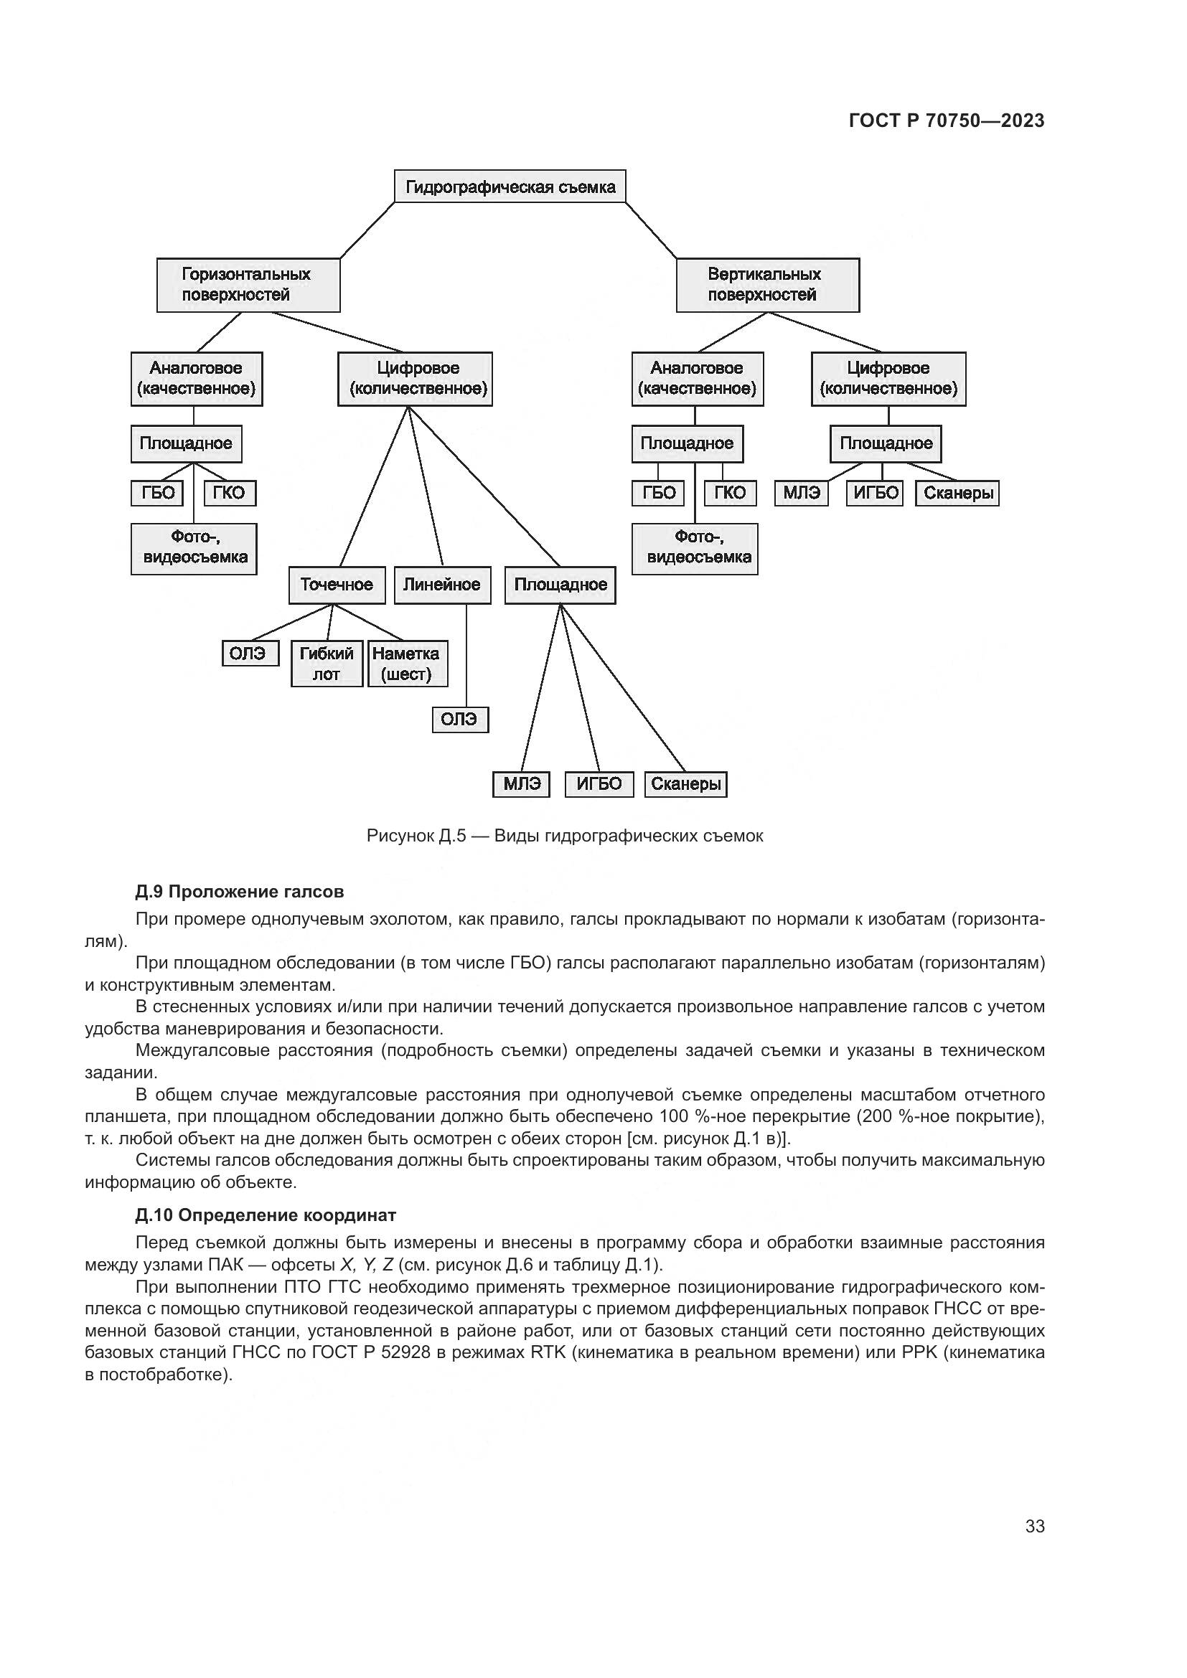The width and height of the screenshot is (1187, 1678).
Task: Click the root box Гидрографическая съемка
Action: point(510,187)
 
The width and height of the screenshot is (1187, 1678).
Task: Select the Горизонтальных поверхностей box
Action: point(248,285)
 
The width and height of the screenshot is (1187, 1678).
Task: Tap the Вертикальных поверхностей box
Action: point(767,285)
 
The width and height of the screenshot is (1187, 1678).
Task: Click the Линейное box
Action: point(442,585)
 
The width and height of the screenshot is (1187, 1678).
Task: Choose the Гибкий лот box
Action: point(327,664)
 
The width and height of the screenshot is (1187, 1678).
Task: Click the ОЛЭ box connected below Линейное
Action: point(460,720)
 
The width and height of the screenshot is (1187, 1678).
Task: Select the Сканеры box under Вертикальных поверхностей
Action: point(957,494)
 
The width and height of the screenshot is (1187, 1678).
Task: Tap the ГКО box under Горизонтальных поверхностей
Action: point(230,494)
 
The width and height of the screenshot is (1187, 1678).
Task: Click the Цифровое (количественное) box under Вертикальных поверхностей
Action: point(888,379)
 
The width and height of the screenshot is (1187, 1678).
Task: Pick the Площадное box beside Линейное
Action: point(560,585)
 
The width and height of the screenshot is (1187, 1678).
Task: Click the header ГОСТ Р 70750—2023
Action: point(947,121)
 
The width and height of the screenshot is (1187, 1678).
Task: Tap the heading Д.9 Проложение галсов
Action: point(239,892)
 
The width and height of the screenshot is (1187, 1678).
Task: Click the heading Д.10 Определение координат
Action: point(266,1215)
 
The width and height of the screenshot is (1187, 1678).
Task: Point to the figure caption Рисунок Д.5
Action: point(564,835)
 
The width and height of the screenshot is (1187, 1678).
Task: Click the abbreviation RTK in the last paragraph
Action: point(548,1352)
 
